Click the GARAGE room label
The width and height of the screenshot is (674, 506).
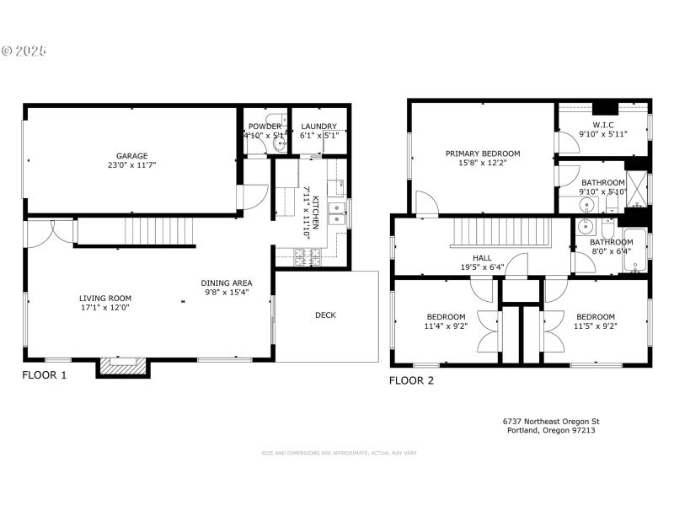[132, 156]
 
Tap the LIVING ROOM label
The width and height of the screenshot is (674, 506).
[105, 298]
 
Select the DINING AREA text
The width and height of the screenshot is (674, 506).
[226, 283]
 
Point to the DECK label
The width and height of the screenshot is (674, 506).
[325, 315]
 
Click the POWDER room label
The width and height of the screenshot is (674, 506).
[265, 126]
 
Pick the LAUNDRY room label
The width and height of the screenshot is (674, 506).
[318, 126]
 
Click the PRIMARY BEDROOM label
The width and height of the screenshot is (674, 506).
[483, 153]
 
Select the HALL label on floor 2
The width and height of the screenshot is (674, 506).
[482, 258]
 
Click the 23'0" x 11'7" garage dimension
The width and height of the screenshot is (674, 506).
[132, 165]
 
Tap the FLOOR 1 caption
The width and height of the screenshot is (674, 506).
[44, 374]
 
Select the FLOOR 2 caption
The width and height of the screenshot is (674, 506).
[411, 380]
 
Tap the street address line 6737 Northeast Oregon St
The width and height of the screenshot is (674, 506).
[551, 421]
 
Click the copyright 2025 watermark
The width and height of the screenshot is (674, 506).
[24, 51]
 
